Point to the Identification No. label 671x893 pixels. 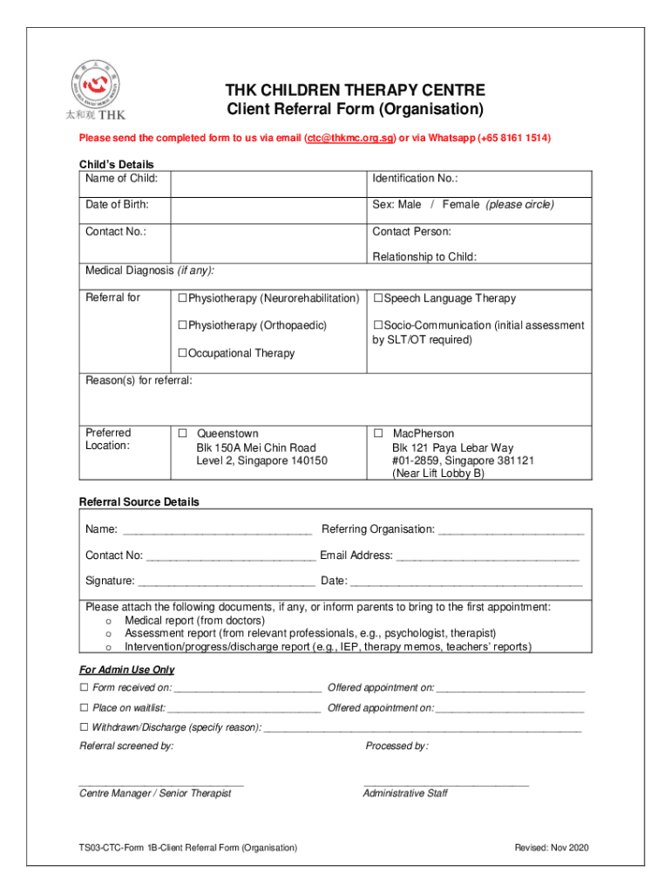coord(415,179)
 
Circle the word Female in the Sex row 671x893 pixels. coord(460,205)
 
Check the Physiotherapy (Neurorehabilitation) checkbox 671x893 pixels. coord(183,299)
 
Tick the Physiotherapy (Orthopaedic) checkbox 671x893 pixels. coord(183,326)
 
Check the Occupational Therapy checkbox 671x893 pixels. coord(183,354)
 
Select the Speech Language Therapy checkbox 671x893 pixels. coord(378,299)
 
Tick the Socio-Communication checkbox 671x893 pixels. coord(378,326)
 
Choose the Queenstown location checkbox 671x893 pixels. coord(183,433)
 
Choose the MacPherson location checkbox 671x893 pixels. coord(378,433)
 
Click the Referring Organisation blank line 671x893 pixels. coord(511,530)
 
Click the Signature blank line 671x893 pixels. coord(227,582)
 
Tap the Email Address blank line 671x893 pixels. coord(488,556)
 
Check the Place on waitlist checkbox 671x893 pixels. coord(85,708)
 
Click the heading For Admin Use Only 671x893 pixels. coord(126,670)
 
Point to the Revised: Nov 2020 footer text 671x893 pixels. coord(552,848)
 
